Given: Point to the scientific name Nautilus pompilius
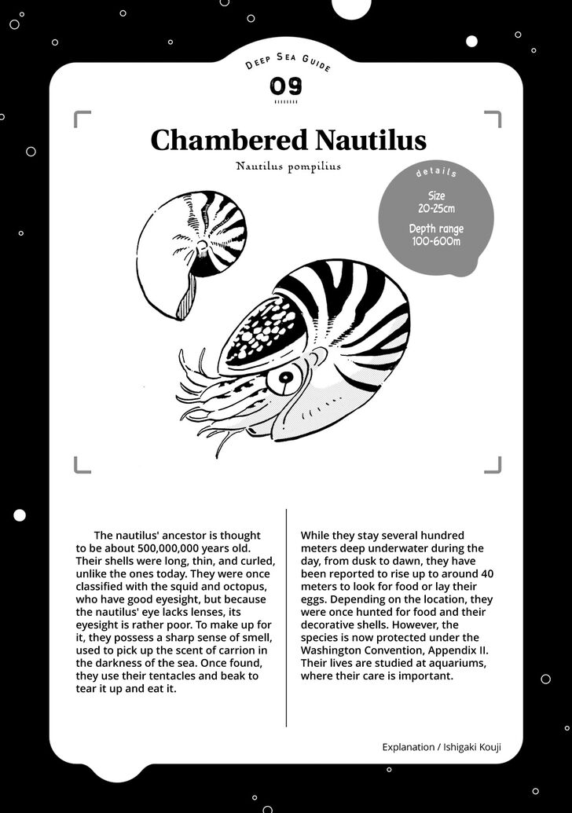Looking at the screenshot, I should pyautogui.click(x=288, y=167).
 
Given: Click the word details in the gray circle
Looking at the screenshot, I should pyautogui.click(x=436, y=172).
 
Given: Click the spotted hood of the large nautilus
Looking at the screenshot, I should pyautogui.click(x=263, y=330).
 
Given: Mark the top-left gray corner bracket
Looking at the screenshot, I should pyautogui.click(x=81, y=118).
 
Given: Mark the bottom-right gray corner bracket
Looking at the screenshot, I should pyautogui.click(x=493, y=466).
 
